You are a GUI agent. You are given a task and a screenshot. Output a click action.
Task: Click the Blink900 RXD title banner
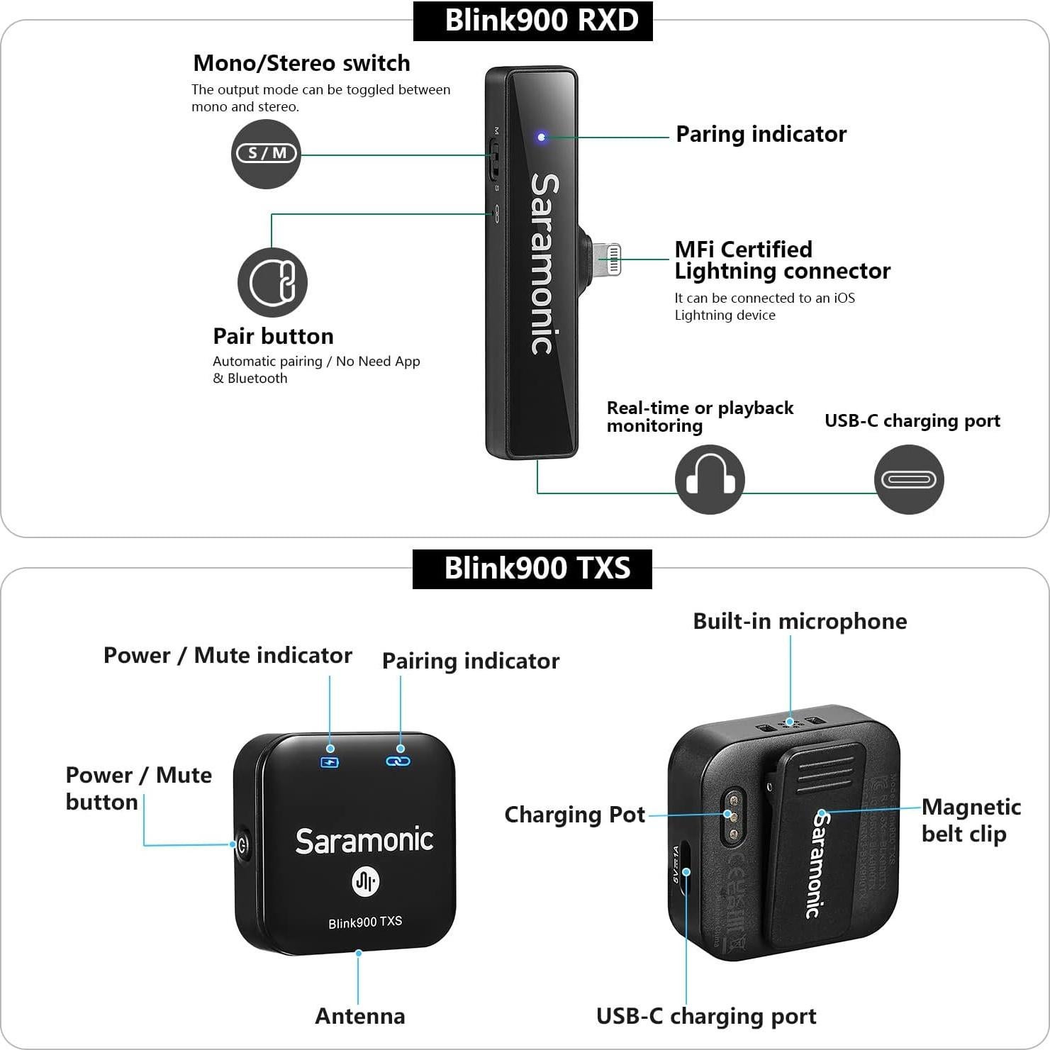(532, 21)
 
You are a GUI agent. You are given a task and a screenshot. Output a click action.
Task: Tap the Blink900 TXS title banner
(532, 569)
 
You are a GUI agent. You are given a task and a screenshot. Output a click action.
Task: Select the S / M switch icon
(266, 153)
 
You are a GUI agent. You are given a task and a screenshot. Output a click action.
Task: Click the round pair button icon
(272, 282)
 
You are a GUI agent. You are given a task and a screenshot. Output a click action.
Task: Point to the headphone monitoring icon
(709, 479)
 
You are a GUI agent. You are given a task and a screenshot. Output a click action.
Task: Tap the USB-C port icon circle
(908, 479)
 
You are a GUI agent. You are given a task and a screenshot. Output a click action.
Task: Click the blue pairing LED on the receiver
(542, 137)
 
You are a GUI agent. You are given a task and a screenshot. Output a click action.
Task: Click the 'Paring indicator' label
(761, 134)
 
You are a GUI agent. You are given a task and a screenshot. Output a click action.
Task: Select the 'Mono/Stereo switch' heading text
(301, 63)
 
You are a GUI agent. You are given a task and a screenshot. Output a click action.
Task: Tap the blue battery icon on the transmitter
(330, 762)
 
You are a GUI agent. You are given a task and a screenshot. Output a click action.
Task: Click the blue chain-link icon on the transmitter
(398, 761)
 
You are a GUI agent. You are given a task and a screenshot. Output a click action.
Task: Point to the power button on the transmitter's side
(242, 844)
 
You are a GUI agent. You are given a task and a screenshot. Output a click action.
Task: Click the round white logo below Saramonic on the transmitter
(365, 881)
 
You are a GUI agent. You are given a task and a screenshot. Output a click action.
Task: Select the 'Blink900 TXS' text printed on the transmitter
(365, 922)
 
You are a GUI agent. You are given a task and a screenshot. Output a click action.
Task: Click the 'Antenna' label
(359, 1016)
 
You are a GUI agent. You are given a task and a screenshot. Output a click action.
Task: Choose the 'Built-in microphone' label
(800, 621)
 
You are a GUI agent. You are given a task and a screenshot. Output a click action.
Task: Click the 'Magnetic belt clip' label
(971, 820)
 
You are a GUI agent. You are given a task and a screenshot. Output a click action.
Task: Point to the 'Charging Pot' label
(574, 815)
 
